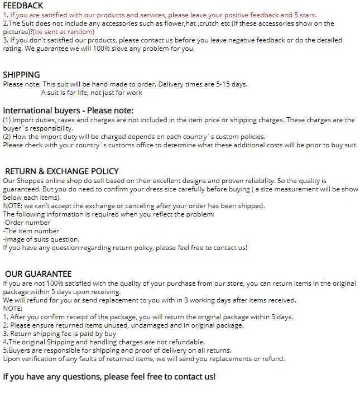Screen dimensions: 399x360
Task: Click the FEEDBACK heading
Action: (x=23, y=6)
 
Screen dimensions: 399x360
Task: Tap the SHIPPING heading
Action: (x=21, y=75)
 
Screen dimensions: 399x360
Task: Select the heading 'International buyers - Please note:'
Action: (x=68, y=110)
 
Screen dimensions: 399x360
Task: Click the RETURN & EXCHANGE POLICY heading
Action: (x=61, y=171)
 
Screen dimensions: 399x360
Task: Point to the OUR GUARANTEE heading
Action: (x=39, y=274)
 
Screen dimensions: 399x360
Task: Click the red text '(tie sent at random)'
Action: (x=63, y=32)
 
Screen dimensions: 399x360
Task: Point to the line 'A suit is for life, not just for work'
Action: (x=92, y=93)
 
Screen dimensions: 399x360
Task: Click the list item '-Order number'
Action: (x=27, y=223)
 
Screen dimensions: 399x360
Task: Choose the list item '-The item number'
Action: (x=31, y=231)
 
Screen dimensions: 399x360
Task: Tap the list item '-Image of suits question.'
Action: (x=41, y=239)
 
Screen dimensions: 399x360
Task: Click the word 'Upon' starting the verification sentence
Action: (x=12, y=359)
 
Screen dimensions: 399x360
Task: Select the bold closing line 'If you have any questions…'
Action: (x=109, y=377)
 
